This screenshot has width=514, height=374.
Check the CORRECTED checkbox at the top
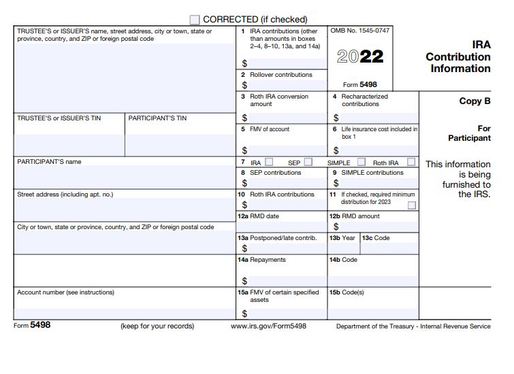pos(195,20)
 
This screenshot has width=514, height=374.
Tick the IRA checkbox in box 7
pos(269,162)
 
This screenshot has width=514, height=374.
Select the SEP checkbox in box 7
pos(308,162)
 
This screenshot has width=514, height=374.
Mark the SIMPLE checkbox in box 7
pos(362,162)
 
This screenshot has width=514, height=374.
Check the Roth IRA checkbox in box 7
pos(411,162)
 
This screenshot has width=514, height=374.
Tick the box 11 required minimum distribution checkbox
pos(411,205)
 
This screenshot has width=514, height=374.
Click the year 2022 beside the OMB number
pos(360,56)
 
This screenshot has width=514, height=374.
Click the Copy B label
pos(475,101)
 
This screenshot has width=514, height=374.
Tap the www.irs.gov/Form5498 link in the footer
pos(268,326)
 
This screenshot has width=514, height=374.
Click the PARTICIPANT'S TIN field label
pos(157,118)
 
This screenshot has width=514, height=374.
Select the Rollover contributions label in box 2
pos(280,75)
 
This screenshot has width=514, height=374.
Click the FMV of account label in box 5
pos(269,129)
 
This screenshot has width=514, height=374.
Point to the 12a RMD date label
pos(258,216)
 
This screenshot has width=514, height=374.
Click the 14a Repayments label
pos(261,260)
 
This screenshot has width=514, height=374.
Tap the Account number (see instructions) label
pos(65,292)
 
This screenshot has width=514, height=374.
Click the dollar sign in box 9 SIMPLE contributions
pos(336,183)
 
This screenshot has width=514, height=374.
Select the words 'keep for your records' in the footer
pos(157,326)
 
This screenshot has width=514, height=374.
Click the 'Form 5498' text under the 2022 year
pos(359,85)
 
